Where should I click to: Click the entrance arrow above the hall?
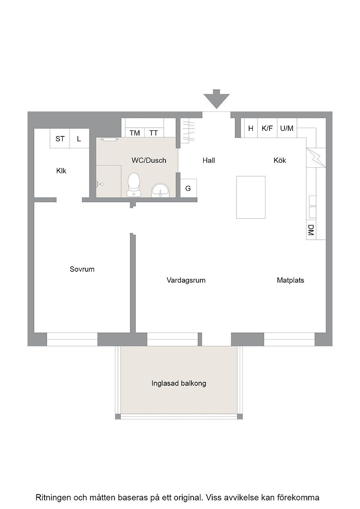click(216, 99)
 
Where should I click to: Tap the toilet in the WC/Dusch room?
click(134, 185)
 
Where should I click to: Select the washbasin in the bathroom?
click(160, 190)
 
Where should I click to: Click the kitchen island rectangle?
click(250, 197)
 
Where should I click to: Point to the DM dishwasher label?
click(311, 230)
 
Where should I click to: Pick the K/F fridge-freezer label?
click(267, 128)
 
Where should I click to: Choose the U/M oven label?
click(287, 128)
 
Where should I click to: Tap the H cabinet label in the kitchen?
click(250, 128)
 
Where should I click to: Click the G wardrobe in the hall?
click(188, 188)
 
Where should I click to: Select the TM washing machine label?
click(135, 133)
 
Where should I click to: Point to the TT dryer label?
click(154, 133)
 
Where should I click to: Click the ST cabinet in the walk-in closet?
click(60, 139)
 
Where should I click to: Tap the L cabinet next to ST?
click(79, 139)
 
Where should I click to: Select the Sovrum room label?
click(82, 269)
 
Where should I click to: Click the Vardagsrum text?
click(186, 280)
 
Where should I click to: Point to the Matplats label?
click(290, 280)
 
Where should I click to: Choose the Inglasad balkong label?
click(179, 384)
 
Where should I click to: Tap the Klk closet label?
click(61, 171)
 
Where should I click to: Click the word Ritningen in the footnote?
click(53, 498)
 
